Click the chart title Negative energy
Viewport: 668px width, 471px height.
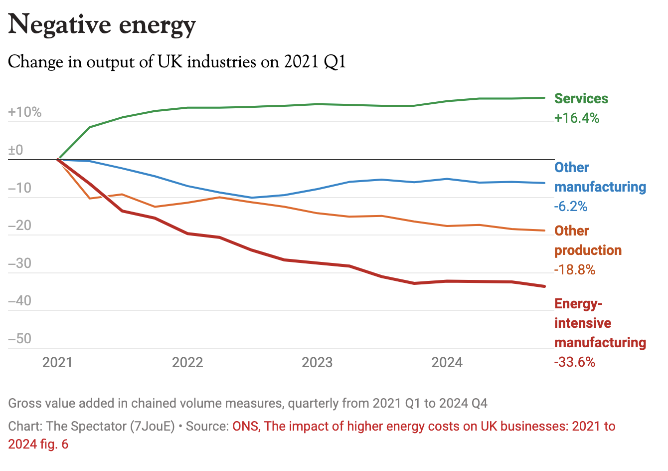click(x=102, y=25)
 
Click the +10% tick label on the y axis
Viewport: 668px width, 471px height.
click(x=25, y=112)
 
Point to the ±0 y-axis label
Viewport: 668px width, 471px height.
click(x=16, y=150)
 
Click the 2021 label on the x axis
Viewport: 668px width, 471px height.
click(x=57, y=362)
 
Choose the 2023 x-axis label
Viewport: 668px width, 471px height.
click(x=317, y=362)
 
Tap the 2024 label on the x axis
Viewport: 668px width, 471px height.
click(x=447, y=362)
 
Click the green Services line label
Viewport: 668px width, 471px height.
click(x=581, y=99)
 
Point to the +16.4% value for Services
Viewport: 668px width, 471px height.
click(x=577, y=118)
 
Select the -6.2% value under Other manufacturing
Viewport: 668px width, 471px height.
click(x=571, y=207)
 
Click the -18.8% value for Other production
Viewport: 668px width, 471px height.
click(x=575, y=270)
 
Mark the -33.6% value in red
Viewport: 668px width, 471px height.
click(x=575, y=362)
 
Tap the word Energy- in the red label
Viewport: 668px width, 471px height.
click(x=578, y=304)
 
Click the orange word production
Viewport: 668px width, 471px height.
click(x=588, y=250)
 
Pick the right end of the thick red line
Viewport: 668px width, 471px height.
click(x=545, y=286)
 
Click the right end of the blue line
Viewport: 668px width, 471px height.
click(x=545, y=183)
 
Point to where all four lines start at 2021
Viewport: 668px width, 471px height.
click(x=58, y=160)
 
